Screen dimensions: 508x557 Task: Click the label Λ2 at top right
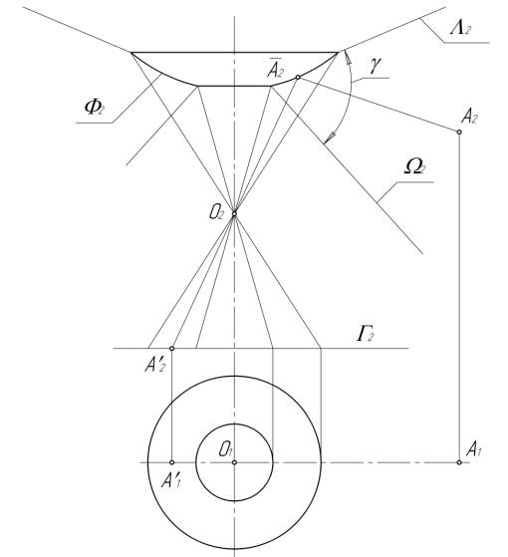point(460,27)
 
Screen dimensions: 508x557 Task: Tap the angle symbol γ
point(375,66)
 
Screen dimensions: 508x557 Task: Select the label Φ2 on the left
point(95,107)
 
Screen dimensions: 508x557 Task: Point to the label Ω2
point(415,165)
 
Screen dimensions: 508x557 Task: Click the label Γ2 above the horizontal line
point(365,334)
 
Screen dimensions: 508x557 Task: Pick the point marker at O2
point(234,213)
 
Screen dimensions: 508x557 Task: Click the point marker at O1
point(234,462)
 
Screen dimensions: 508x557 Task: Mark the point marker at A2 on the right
point(459,132)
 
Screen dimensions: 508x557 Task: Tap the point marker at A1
point(459,462)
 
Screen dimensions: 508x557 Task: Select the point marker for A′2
point(171,349)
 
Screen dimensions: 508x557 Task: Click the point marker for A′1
point(171,462)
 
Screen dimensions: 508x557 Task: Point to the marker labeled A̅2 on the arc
point(298,77)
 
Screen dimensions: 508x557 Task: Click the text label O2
point(216,213)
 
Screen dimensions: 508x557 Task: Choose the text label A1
point(473,449)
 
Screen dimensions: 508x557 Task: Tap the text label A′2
point(155,365)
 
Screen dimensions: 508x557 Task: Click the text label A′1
point(171,481)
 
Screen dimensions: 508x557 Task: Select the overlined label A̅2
point(275,68)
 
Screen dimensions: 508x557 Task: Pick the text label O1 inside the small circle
point(226,449)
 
